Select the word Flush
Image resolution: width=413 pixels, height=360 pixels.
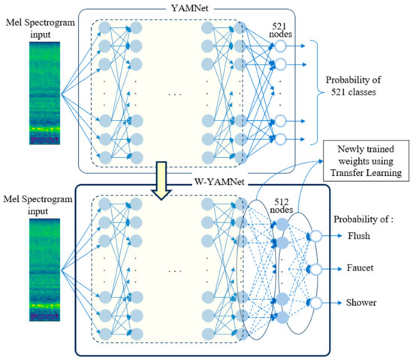(366, 235)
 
